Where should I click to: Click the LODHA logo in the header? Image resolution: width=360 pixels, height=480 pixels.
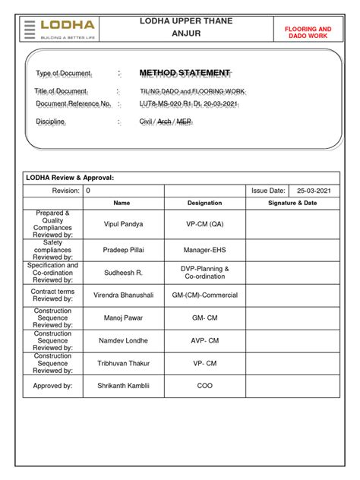coord(61,28)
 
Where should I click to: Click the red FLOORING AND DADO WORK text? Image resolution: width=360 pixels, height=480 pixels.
coord(308,32)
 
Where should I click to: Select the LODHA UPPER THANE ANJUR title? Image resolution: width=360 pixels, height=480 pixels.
coord(186,27)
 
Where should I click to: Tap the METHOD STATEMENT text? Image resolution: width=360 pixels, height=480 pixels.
coord(185,73)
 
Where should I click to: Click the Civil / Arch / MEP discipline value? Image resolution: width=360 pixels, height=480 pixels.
coord(166,122)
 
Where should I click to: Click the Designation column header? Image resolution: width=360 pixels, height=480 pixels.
coord(204,203)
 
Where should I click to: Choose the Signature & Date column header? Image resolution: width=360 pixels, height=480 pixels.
coord(292,203)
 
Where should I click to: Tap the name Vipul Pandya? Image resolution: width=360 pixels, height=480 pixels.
coord(123,224)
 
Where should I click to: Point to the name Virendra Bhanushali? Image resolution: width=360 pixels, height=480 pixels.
coord(123,295)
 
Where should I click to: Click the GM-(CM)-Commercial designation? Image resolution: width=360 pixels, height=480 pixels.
coord(204,295)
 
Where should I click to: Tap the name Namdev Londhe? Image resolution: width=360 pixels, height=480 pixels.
coord(123,341)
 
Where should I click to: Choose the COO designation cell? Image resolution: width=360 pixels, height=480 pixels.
coord(204,385)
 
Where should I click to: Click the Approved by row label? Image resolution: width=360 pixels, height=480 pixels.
coord(52,385)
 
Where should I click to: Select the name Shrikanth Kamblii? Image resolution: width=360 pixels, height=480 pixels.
coord(123,385)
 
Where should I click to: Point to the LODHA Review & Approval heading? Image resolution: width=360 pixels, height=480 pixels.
coord(70,177)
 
